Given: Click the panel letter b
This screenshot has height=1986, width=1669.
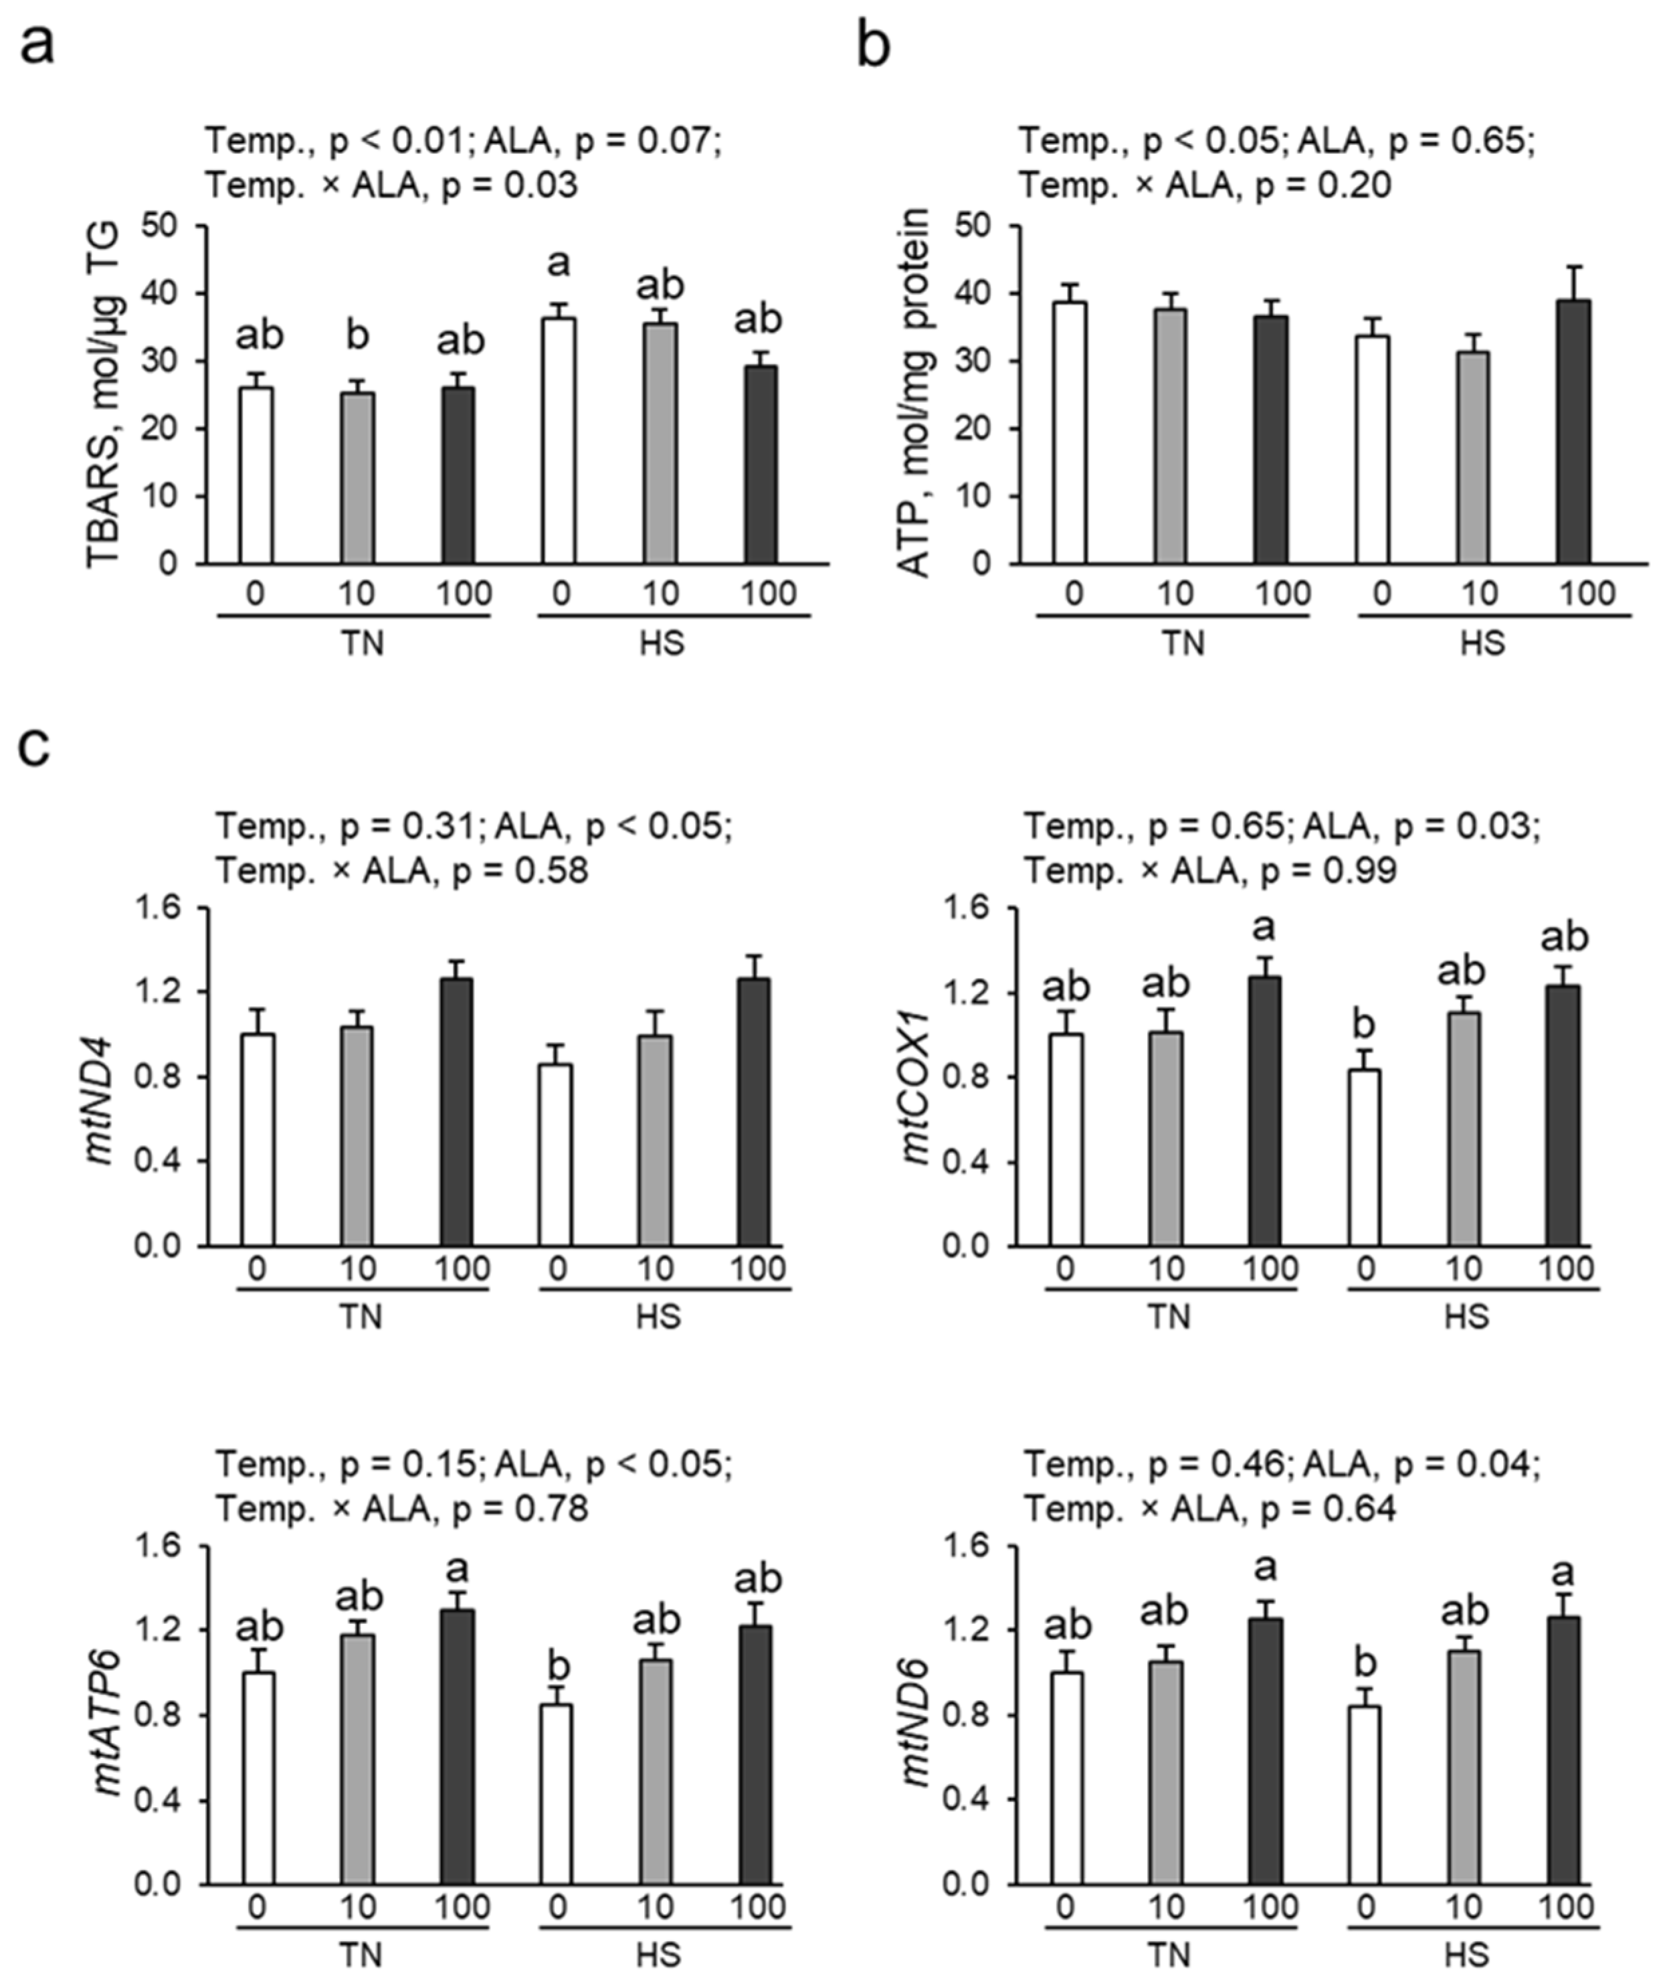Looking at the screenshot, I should click(873, 44).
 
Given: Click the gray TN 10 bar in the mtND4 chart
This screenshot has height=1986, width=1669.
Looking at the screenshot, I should click(357, 1135).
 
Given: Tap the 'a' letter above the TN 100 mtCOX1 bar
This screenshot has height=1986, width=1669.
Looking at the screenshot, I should click(1264, 928).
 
